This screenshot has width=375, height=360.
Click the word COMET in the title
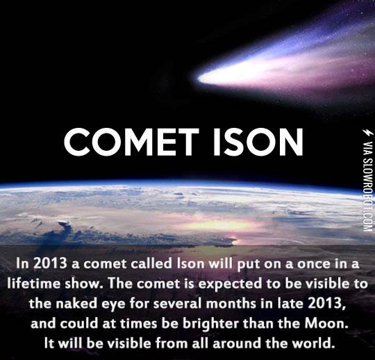tap(124, 142)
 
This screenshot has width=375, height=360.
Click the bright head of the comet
tap(208, 78)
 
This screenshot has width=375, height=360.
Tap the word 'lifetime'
tap(33, 284)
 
